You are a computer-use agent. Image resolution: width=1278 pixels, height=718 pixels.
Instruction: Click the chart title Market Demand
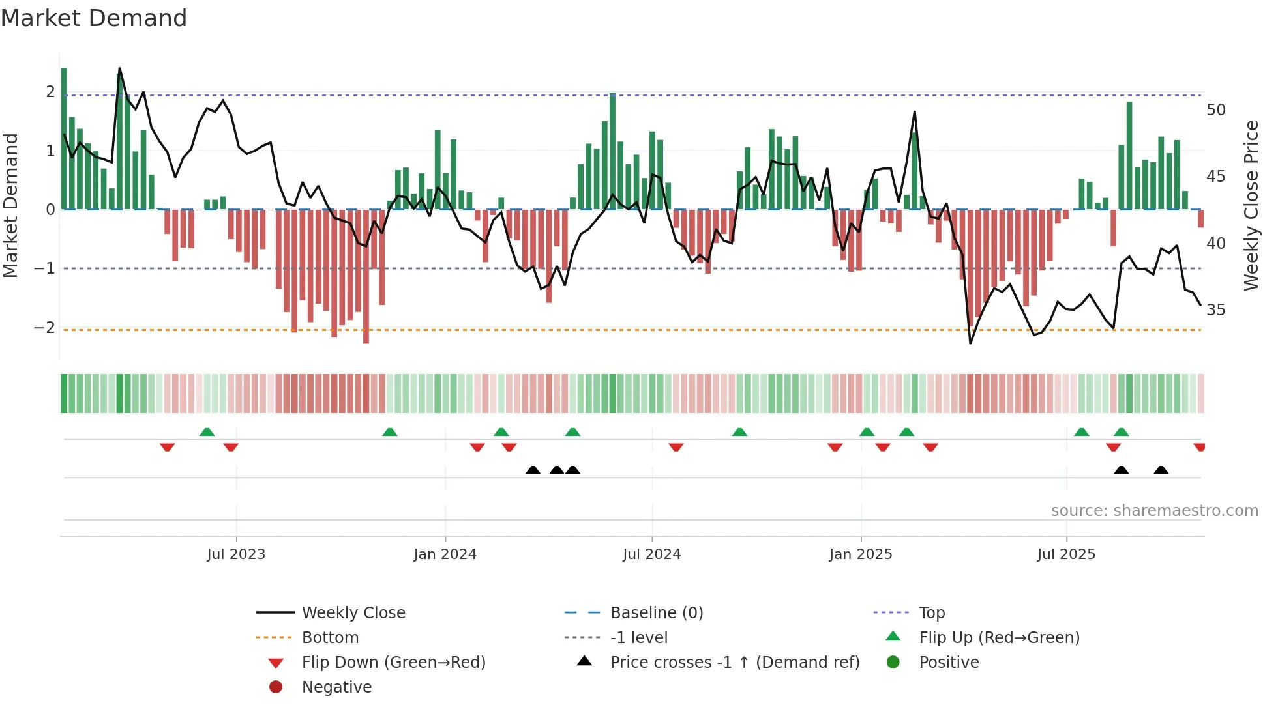pyautogui.click(x=94, y=18)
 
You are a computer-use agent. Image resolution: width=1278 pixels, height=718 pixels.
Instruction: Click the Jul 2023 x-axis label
pyautogui.click(x=236, y=554)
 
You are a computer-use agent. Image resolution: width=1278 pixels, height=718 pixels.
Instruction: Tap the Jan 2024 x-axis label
pyautogui.click(x=445, y=554)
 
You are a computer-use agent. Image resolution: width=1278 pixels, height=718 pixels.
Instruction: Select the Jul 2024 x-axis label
pyautogui.click(x=651, y=554)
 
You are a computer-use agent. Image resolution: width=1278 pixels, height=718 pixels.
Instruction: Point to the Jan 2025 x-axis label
pyautogui.click(x=861, y=554)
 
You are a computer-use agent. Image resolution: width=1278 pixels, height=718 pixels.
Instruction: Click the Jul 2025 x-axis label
pyautogui.click(x=1066, y=554)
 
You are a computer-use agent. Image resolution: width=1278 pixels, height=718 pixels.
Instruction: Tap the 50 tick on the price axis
pyautogui.click(x=1215, y=110)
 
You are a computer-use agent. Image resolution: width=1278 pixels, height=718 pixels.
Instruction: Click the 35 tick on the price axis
pyautogui.click(x=1215, y=310)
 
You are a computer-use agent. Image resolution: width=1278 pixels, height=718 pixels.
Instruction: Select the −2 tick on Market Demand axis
pyautogui.click(x=44, y=328)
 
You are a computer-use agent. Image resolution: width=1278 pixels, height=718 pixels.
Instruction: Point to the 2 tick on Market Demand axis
pyautogui.click(x=50, y=92)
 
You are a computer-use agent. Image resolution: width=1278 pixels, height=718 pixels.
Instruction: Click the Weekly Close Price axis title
pyautogui.click(x=1251, y=205)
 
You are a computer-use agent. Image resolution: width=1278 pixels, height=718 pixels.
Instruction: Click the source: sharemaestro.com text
pyautogui.click(x=1154, y=511)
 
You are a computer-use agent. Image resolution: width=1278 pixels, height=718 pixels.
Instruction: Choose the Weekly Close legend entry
pyautogui.click(x=353, y=613)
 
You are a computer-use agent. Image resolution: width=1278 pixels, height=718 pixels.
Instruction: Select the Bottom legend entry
pyautogui.click(x=330, y=638)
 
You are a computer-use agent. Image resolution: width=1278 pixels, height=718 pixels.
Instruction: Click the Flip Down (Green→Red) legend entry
pyautogui.click(x=393, y=663)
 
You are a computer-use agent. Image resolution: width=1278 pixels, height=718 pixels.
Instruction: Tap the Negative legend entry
pyautogui.click(x=336, y=687)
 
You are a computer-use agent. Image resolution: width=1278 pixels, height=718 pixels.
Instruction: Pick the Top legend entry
pyautogui.click(x=931, y=613)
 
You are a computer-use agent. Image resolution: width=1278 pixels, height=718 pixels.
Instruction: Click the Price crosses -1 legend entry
pyautogui.click(x=734, y=663)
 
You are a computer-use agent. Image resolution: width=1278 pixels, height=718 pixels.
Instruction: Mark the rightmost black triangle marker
pyautogui.click(x=1161, y=470)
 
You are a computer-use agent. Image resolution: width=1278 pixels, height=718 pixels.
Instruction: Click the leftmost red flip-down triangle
pyautogui.click(x=167, y=447)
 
